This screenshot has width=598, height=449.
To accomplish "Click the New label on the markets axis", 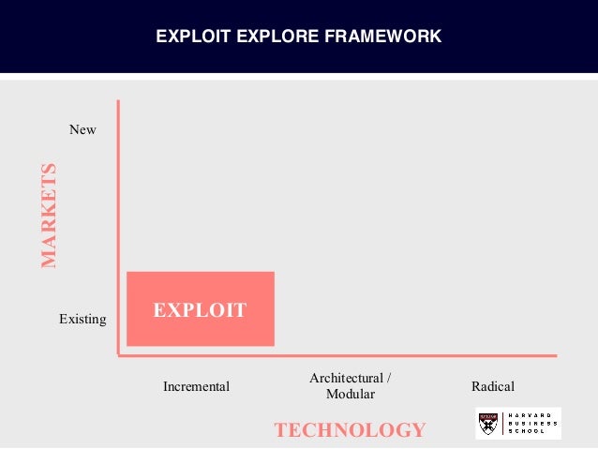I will click(82, 129).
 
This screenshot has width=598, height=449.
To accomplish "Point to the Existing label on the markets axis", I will click(82, 319).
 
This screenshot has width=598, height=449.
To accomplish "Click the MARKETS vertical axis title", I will click(49, 216).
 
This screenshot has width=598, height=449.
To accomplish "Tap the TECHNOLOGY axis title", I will click(350, 430).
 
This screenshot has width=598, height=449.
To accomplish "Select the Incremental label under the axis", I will click(196, 386).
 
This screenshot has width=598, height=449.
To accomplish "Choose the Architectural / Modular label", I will click(350, 385).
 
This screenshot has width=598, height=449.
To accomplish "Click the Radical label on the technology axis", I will click(493, 386).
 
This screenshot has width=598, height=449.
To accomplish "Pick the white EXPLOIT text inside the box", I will click(200, 309).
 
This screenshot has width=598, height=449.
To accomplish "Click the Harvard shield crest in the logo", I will click(487, 424).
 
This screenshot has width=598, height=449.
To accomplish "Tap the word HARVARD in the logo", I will click(532, 415).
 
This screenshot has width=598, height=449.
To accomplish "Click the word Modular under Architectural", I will click(351, 394).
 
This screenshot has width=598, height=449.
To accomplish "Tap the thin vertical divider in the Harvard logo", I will click(502, 424).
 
